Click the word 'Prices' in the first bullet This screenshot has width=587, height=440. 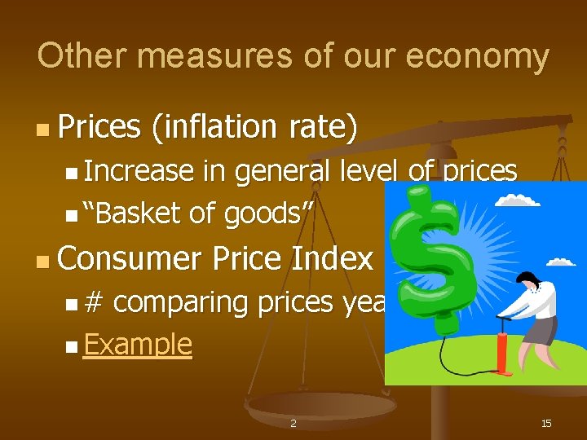click(x=99, y=127)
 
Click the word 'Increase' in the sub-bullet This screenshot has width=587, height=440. click(x=139, y=171)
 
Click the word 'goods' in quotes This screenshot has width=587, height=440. click(x=263, y=214)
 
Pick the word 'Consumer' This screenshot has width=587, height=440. click(x=129, y=258)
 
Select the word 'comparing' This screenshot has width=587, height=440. click(x=181, y=303)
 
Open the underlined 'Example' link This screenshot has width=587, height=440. click(x=138, y=345)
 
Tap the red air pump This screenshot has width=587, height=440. click(x=505, y=342)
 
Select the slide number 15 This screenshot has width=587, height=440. click(x=546, y=423)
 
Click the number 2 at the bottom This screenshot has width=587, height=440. click(x=293, y=424)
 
